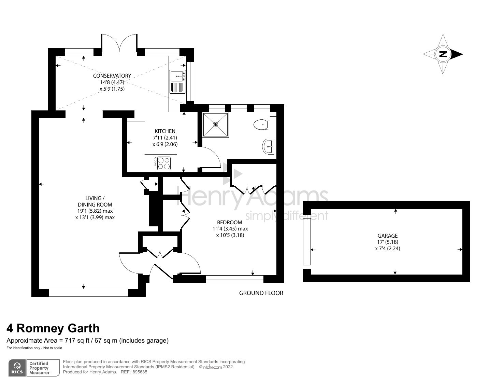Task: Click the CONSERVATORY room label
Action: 112,76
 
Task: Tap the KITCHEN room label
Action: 165,131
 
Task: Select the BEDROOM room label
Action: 230,223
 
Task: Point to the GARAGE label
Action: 388,236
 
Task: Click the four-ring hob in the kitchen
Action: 162,163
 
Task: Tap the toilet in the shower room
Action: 262,124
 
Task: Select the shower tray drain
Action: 215,125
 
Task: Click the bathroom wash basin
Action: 268,146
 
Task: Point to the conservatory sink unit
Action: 178,82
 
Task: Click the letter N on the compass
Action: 443,54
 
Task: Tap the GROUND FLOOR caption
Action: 261,293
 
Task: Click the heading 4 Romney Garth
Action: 53,328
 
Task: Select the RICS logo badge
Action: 17,368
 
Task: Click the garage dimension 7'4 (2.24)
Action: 388,249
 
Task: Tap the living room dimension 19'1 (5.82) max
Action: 95,211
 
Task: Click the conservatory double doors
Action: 119,43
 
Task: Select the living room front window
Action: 88,293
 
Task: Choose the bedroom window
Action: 235,279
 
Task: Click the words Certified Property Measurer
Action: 39,368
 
